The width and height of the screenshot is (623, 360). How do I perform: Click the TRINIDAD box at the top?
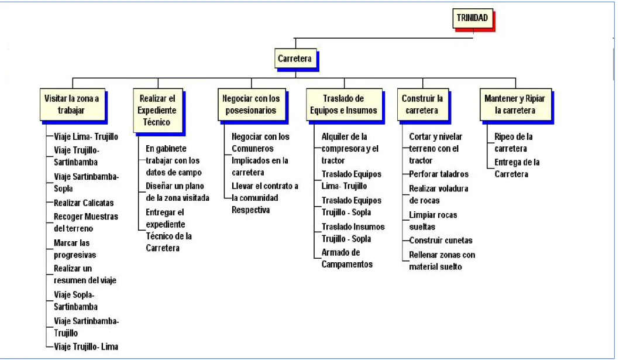tap(473, 18)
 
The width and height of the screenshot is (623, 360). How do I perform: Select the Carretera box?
tap(295, 59)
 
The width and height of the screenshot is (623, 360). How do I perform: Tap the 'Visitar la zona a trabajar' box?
tap(73, 104)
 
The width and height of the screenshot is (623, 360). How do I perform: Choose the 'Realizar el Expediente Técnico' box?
tap(158, 110)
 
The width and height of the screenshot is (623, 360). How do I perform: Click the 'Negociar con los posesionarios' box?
tap(252, 104)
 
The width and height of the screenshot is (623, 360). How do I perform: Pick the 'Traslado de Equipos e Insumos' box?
tap(344, 104)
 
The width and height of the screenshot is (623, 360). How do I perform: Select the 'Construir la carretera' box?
tap(423, 104)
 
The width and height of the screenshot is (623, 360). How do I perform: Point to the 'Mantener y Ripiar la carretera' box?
tap(516, 104)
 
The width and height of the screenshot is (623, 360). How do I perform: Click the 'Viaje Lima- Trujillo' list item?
tap(86, 136)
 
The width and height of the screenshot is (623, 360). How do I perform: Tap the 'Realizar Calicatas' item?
tap(84, 203)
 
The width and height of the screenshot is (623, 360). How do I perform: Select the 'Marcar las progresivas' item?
tap(75, 249)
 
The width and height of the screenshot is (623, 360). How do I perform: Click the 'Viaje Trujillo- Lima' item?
tap(86, 347)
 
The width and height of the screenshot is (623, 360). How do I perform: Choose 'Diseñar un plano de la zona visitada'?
tap(177, 192)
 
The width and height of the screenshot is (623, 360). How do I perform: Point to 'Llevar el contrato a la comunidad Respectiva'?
tap(264, 198)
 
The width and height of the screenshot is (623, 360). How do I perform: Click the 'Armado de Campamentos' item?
tap(347, 258)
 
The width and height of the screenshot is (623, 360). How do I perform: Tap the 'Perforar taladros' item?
tap(439, 174)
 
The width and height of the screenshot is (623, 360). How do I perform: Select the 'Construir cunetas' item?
tap(440, 240)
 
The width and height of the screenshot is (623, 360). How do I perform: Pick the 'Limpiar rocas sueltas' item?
tap(433, 221)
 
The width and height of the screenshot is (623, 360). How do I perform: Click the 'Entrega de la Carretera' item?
tap(517, 168)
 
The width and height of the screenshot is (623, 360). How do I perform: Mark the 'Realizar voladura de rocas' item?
tap(439, 194)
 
